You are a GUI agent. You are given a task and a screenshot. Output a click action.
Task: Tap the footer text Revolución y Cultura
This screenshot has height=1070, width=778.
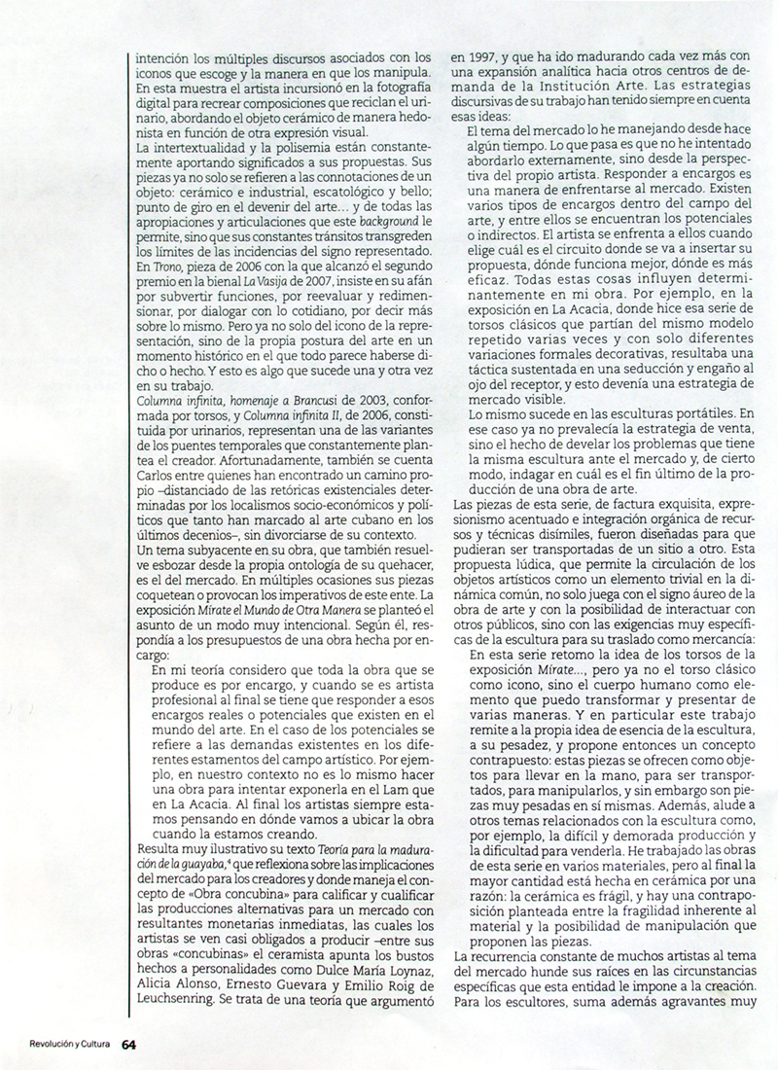click(59, 1047)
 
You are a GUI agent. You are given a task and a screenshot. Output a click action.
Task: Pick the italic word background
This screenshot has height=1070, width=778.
click(393, 193)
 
